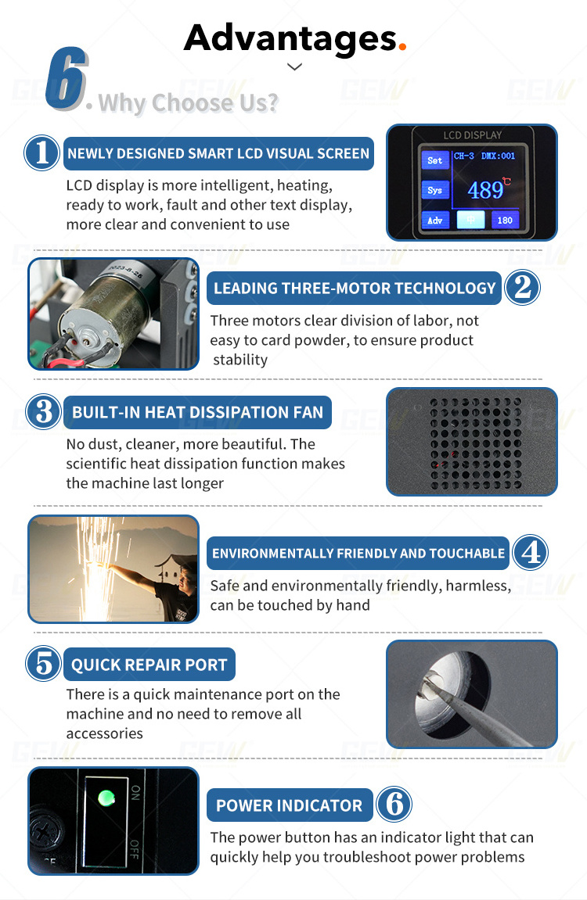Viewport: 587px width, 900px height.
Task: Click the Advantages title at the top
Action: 290,39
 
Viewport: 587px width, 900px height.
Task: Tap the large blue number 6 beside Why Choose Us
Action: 67,79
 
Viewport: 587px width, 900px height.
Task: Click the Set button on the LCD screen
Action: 435,161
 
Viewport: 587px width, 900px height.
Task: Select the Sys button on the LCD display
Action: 435,191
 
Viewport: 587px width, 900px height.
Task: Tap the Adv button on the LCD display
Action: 435,221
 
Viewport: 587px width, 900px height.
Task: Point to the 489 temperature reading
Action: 485,190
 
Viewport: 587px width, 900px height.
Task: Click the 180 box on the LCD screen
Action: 505,221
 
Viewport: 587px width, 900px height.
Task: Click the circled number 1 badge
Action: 41,152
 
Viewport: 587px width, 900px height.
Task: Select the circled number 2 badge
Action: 522,288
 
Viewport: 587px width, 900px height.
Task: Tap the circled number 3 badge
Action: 44,411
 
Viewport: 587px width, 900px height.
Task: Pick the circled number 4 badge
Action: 530,553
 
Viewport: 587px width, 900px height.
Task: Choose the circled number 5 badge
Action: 44,664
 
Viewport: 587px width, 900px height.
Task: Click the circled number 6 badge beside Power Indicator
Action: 394,804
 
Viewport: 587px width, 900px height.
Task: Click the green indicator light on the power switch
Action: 106,798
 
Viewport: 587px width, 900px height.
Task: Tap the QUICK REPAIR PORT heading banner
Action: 149,664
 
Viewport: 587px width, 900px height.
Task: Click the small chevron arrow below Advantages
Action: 294,67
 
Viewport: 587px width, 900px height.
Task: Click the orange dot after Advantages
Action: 402,47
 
